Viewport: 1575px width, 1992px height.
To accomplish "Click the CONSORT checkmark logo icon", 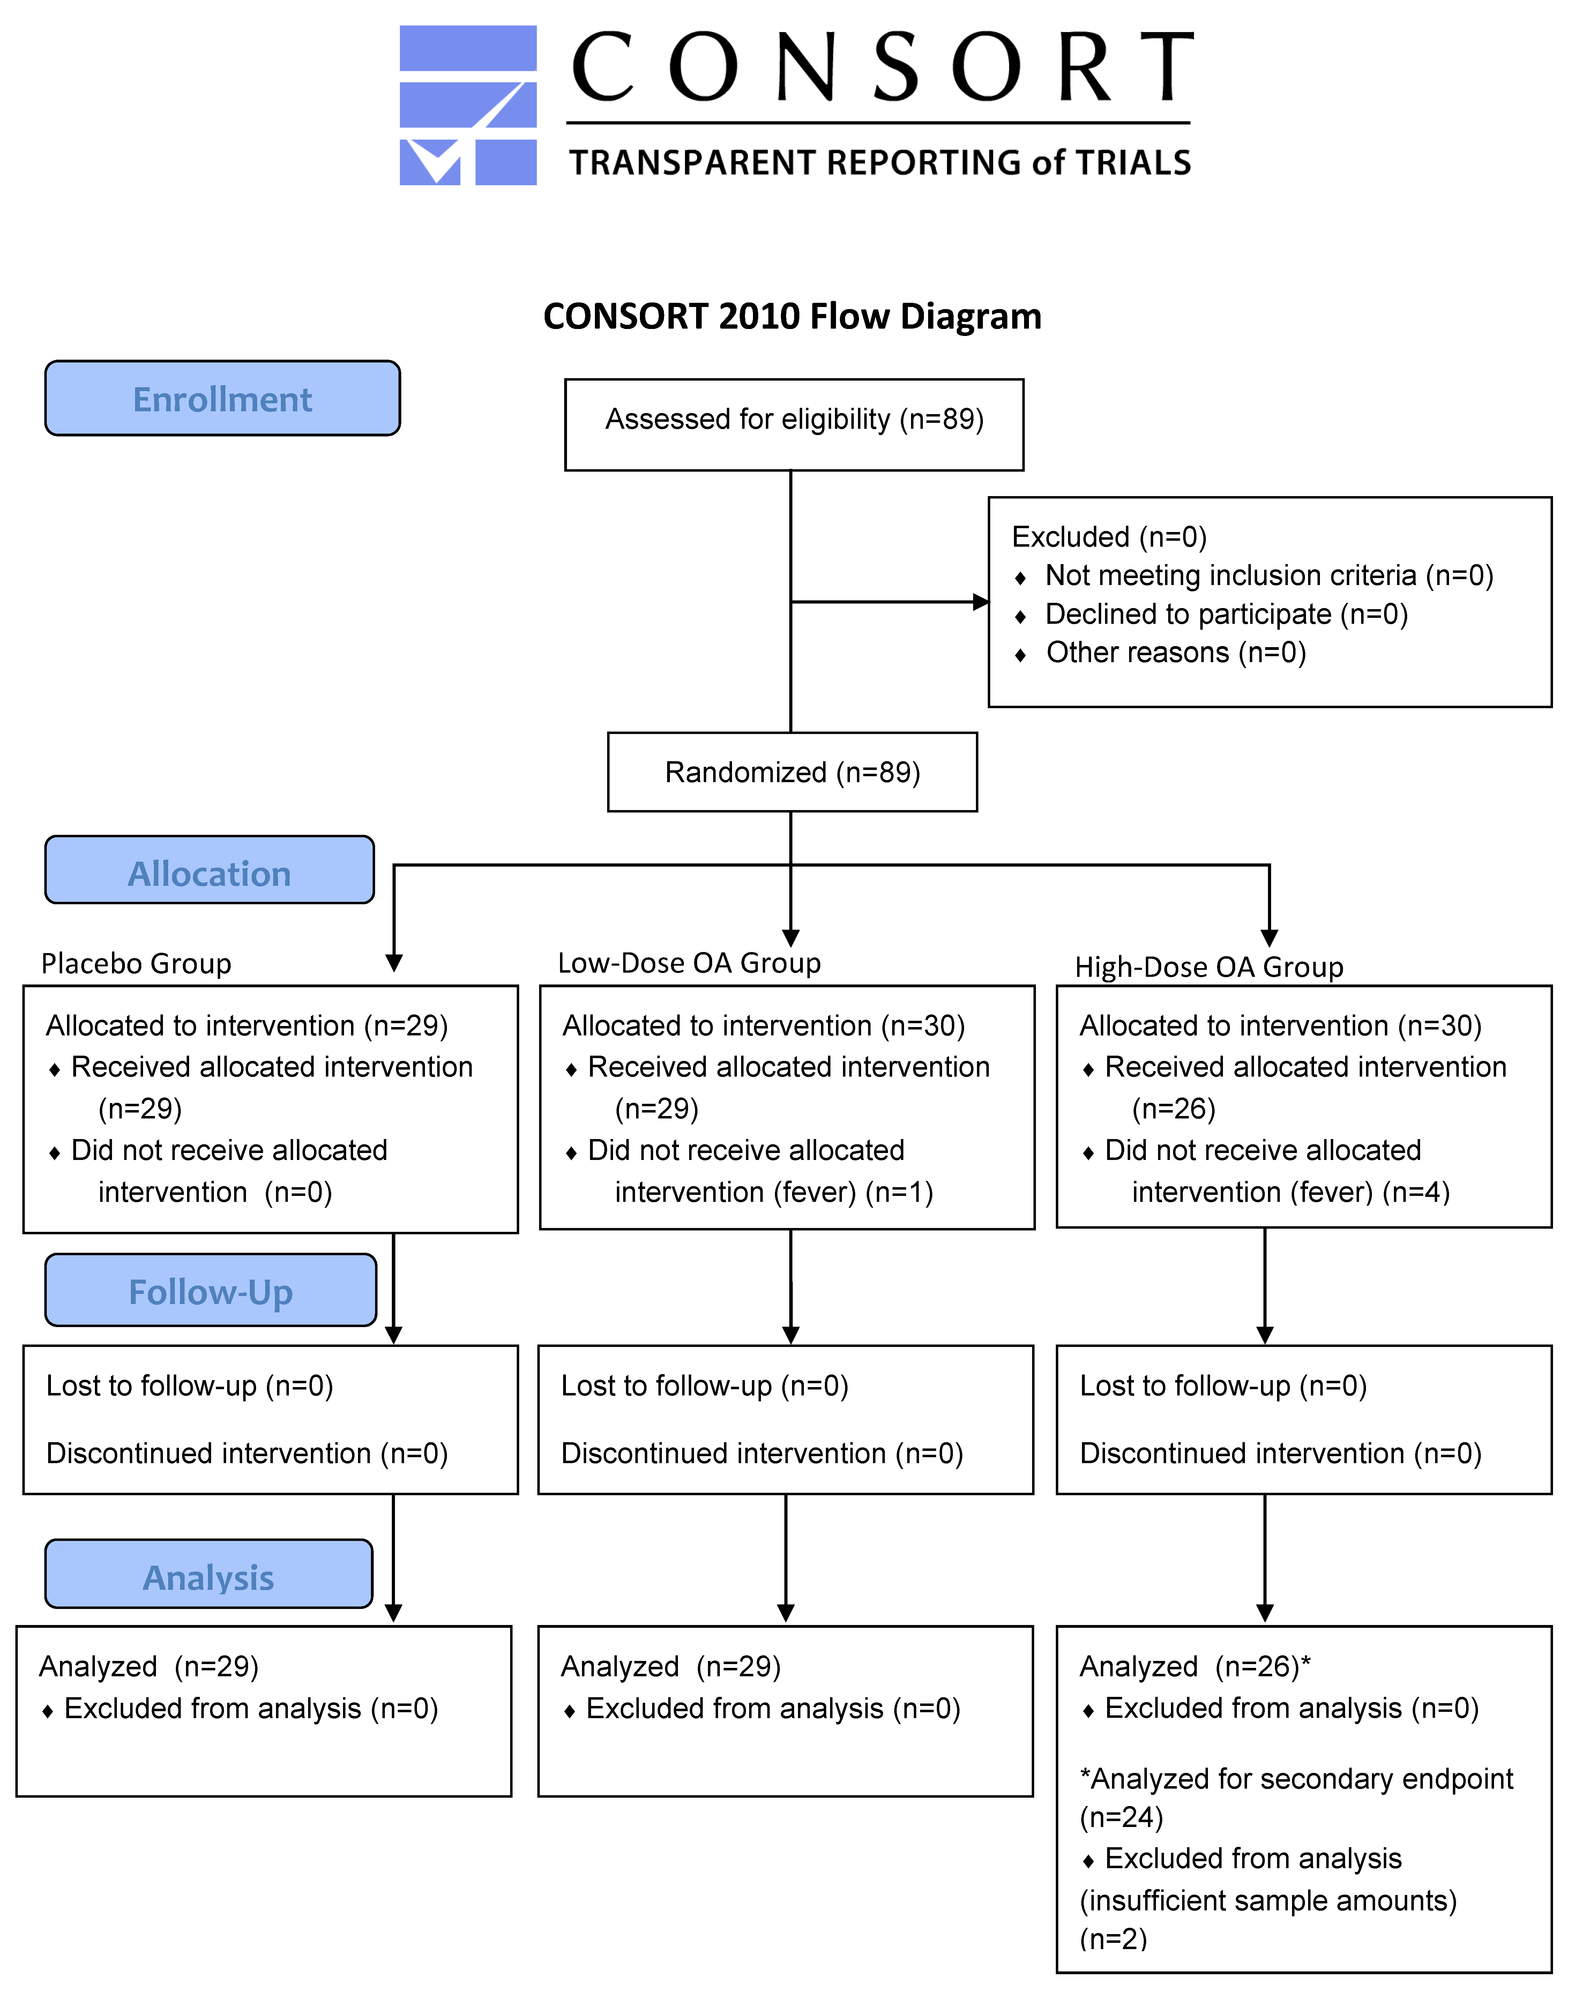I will click(x=468, y=105).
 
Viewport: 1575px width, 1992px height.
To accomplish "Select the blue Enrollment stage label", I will click(x=222, y=398).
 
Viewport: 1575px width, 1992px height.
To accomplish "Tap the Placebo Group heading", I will click(x=136, y=963).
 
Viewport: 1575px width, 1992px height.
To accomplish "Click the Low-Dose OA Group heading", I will click(x=689, y=963).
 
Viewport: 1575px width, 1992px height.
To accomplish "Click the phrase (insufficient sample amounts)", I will click(x=1268, y=1901).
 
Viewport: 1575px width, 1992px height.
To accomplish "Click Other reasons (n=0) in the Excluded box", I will click(x=1176, y=653).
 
